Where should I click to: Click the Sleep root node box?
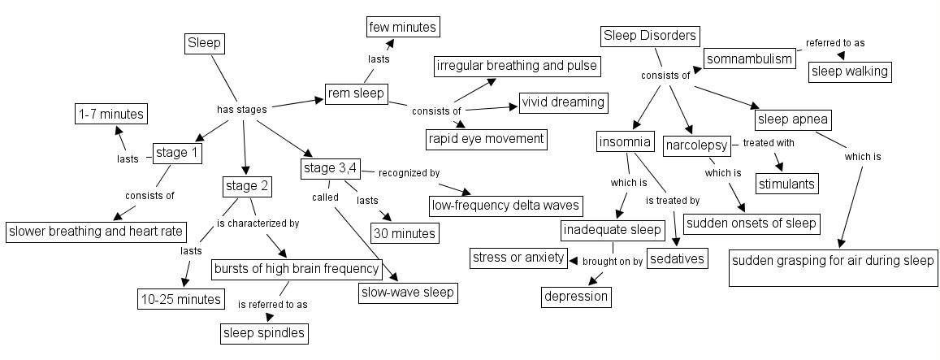(x=204, y=43)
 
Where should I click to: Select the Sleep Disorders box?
(x=650, y=36)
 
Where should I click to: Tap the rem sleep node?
(x=355, y=93)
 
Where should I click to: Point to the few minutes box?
(x=403, y=27)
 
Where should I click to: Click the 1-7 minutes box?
(x=110, y=114)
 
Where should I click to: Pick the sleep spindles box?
(x=265, y=332)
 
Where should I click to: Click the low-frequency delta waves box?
(x=506, y=205)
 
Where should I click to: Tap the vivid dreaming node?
(x=564, y=102)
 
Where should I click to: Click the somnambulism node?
(x=748, y=59)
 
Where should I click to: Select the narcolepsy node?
(x=695, y=146)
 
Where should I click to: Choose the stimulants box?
(x=786, y=184)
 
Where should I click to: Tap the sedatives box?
(x=677, y=259)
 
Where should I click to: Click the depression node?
(x=576, y=297)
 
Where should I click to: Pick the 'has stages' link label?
(x=241, y=108)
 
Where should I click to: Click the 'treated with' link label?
(x=768, y=143)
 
